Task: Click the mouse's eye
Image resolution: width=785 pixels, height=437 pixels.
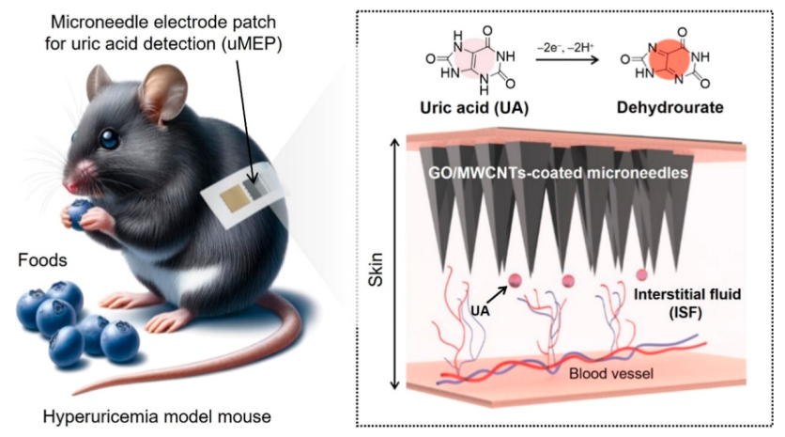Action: pos(111,140)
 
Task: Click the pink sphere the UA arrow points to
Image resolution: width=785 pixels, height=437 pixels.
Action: pos(516,280)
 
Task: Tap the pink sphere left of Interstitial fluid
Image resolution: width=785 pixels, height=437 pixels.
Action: pos(642,274)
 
